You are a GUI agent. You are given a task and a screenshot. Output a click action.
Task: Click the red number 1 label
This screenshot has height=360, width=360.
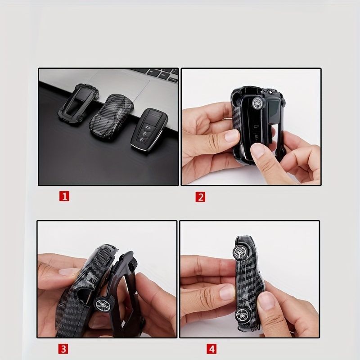(64, 196)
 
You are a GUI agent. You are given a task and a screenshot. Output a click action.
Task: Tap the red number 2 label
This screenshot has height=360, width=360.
(200, 197)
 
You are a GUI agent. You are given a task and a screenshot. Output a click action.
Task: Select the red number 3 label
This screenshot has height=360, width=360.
(63, 349)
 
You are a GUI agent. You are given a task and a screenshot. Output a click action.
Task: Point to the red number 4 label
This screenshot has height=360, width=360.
(211, 349)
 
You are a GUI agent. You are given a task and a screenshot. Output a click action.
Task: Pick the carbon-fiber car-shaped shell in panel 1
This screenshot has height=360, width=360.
(111, 117)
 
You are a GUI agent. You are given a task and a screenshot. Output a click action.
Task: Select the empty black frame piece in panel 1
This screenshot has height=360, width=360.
(77, 104)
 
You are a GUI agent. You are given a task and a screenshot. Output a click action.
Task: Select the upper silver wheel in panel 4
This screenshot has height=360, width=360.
(240, 253)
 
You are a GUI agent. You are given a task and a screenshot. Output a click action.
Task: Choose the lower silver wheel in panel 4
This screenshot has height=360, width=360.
(243, 315)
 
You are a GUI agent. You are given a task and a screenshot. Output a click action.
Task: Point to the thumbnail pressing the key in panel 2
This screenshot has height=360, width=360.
(258, 152)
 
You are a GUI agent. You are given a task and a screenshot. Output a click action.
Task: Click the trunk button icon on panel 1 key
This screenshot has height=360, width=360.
(145, 126)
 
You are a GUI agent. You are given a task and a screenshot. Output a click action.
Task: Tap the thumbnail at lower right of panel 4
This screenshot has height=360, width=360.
(266, 300)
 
